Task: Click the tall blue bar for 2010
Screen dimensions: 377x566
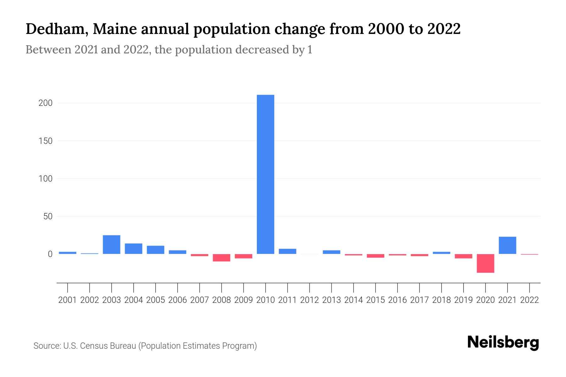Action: [265, 174]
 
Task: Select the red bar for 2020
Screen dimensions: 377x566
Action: [485, 263]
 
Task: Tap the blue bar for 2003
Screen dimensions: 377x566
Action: [111, 244]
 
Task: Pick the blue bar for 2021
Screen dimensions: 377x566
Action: [507, 245]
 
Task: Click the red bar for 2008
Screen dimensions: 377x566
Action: [221, 258]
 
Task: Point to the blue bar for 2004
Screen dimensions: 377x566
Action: [133, 249]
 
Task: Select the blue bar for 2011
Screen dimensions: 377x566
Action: [287, 251]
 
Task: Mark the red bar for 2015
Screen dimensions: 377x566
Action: [375, 256]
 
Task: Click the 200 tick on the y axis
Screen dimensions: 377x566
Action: [45, 103]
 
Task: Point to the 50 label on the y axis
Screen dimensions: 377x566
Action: [47, 216]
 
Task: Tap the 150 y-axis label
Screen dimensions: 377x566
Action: [45, 141]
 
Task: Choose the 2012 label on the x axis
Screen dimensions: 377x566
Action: [309, 300]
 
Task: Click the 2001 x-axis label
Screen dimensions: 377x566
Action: [68, 300]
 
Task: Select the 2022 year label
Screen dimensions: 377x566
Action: [530, 300]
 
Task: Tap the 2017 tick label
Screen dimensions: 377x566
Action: [419, 300]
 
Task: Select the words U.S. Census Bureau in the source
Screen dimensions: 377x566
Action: [100, 346]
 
